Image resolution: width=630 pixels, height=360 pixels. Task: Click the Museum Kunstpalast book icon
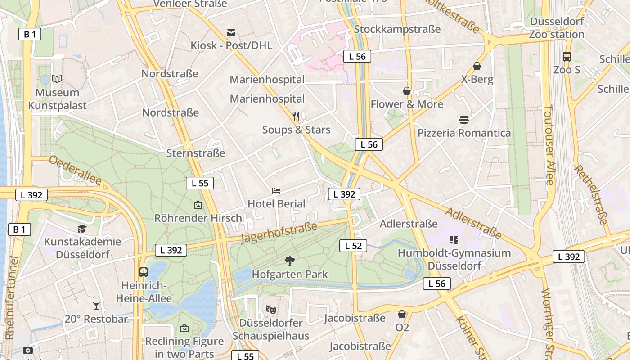click(57, 79)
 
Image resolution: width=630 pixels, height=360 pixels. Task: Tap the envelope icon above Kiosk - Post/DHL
click(231, 32)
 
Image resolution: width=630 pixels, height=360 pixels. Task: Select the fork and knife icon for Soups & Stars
click(296, 117)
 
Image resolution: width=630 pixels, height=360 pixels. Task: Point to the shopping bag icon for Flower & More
click(407, 91)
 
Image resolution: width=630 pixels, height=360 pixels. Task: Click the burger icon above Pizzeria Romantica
click(464, 120)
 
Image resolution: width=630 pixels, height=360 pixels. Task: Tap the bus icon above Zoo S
click(567, 57)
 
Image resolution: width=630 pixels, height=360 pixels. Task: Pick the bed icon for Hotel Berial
click(276, 191)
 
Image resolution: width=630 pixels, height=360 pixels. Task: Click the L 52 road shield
click(353, 246)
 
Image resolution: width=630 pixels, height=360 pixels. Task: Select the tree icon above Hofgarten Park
click(290, 261)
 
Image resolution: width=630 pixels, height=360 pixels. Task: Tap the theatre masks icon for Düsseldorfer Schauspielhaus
click(270, 309)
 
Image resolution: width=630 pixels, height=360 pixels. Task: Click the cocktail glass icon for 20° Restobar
click(96, 306)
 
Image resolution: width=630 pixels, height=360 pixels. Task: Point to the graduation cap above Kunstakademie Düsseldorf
click(82, 229)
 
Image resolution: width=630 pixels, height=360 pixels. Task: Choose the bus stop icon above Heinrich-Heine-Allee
click(144, 272)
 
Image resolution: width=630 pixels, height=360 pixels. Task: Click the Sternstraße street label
click(196, 153)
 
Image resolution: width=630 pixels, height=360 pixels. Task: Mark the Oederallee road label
click(75, 170)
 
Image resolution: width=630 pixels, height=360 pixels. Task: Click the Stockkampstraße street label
click(397, 29)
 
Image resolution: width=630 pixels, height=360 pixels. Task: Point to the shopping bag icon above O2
click(402, 314)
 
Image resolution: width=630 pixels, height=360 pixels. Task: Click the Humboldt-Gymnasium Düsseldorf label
click(454, 259)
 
